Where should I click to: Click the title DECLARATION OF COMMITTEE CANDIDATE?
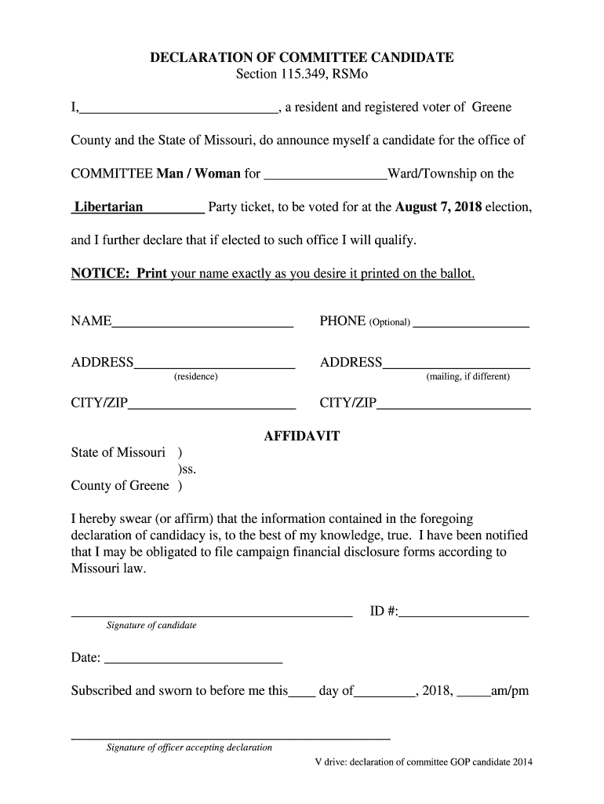[x=302, y=58]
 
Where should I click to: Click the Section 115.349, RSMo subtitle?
[x=302, y=75]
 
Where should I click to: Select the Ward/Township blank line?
[x=326, y=174]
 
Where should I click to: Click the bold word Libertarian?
[x=108, y=208]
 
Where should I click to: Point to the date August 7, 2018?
[x=439, y=208]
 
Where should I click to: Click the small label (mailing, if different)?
[x=468, y=377]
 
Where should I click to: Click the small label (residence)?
[x=195, y=377]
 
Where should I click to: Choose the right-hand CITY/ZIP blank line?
[x=453, y=404]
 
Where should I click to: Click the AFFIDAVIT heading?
[x=302, y=437]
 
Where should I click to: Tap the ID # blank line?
[x=464, y=612]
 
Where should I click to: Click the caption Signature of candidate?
[x=151, y=626]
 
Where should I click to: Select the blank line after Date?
[x=192, y=658]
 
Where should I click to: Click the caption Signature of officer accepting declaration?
[x=189, y=747]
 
